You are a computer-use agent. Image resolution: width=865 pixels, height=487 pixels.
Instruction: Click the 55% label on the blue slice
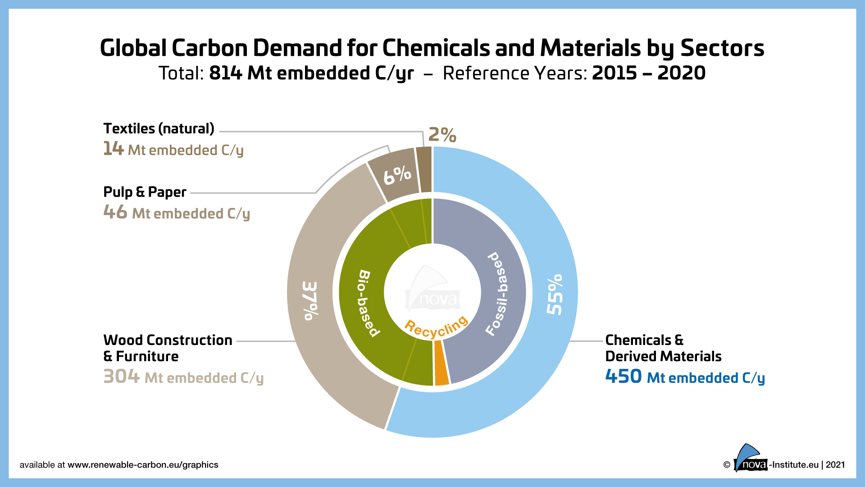coord(555,294)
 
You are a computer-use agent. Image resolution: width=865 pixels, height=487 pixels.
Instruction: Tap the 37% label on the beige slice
coord(310,301)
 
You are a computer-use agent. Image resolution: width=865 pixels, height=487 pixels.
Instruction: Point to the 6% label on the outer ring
coord(397,175)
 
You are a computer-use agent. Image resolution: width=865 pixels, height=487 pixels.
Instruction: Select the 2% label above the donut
coord(442,134)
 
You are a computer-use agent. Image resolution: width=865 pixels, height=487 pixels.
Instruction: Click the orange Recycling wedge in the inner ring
coord(442,363)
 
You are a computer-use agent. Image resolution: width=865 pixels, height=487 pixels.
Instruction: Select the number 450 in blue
coord(623,377)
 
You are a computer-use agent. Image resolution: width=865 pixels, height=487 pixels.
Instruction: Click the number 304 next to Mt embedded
coord(121,377)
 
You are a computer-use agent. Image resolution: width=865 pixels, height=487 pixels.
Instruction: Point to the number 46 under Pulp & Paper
coord(115,212)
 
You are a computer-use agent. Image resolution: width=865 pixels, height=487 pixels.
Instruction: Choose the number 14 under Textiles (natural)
coord(113,149)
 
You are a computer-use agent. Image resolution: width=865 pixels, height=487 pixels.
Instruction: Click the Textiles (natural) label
coord(159,129)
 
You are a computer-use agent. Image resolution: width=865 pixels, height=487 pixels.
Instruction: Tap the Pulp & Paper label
coord(145,192)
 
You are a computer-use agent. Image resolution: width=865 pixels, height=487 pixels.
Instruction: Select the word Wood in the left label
coord(123,340)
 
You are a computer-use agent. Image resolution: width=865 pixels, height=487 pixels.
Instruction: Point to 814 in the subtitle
coord(226,73)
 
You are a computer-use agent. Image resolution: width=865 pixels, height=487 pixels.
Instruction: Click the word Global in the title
coord(133,48)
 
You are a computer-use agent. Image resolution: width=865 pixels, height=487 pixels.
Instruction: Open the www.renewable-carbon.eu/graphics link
coord(143,465)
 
